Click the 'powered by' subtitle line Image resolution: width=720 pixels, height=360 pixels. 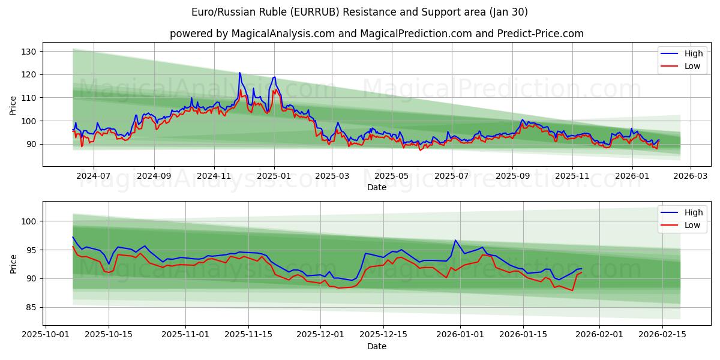point(376,34)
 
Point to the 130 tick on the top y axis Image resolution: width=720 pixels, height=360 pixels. point(29,52)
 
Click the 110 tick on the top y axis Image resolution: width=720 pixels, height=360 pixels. point(29,98)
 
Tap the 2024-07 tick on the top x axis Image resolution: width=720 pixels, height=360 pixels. point(93,176)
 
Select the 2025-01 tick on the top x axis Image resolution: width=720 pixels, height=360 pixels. point(274,176)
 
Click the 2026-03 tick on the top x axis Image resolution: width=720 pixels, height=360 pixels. point(690,176)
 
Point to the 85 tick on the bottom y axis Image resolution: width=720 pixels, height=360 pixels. point(31,307)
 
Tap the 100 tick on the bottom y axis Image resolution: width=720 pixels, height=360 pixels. point(29,221)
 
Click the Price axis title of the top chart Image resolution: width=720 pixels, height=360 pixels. point(13,105)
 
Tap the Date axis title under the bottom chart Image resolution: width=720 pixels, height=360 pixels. point(376,347)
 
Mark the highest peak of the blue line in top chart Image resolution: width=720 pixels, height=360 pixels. point(239,73)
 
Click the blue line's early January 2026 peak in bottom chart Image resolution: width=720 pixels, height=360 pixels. point(455,241)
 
